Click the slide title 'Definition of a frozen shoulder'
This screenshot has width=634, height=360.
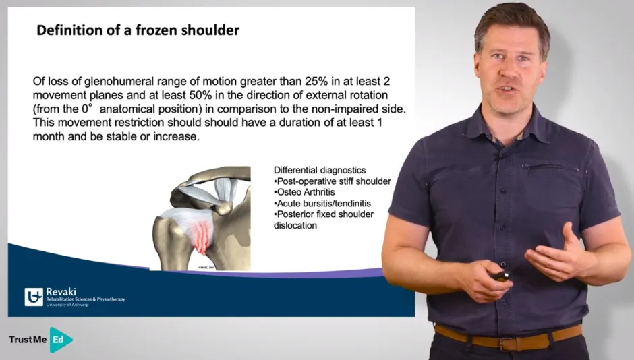pos(138,30)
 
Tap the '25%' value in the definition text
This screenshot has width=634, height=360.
pos(316,82)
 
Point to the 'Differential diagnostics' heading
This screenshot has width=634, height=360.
pos(320,170)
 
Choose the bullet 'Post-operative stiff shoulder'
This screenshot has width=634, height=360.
pos(333,181)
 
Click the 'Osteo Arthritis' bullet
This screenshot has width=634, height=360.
pos(304,192)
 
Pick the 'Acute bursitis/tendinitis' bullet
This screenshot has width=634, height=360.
pos(322,203)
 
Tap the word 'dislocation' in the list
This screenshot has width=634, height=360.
pos(295,225)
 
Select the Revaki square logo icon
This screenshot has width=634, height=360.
pos(34,297)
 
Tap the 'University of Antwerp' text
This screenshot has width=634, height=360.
pos(67,305)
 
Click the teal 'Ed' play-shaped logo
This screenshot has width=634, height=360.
pos(60,340)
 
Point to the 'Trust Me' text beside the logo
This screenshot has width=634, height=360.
pos(28,340)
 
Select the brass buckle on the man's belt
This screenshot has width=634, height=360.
pos(507,343)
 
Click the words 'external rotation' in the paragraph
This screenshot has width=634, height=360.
pos(347,95)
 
